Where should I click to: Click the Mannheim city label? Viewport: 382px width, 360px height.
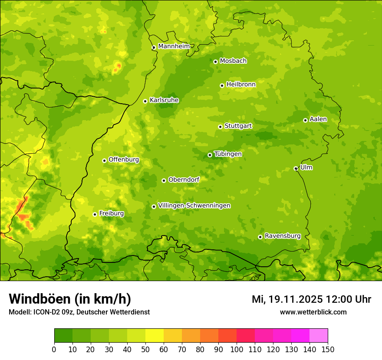pyautogui.click(x=174, y=46)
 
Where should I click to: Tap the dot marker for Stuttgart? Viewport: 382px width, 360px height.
pyautogui.click(x=220, y=127)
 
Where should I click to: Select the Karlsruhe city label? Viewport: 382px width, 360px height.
pyautogui.click(x=164, y=100)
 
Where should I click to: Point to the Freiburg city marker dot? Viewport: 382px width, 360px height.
pyautogui.click(x=95, y=214)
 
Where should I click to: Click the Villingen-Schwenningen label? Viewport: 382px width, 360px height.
pyautogui.click(x=194, y=206)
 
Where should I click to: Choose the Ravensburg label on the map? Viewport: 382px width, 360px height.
pyautogui.click(x=282, y=236)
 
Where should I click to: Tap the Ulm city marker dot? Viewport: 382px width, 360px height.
pyautogui.click(x=296, y=168)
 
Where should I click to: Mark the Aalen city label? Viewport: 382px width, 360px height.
pyautogui.click(x=318, y=119)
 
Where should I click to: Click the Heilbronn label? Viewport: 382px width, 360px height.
pyautogui.click(x=241, y=85)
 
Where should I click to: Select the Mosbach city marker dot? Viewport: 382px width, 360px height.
pyautogui.click(x=215, y=62)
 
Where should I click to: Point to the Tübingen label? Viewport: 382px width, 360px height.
pyautogui.click(x=227, y=154)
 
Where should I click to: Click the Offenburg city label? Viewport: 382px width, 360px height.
pyautogui.click(x=123, y=160)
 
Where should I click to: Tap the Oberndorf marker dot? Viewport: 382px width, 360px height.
pyautogui.click(x=164, y=180)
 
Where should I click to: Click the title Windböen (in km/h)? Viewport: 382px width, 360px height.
pyautogui.click(x=69, y=299)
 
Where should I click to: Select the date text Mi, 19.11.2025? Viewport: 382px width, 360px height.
pyautogui.click(x=286, y=299)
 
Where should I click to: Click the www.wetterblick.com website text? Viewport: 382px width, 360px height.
pyautogui.click(x=313, y=312)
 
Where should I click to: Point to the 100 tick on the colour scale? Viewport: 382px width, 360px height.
pyautogui.click(x=237, y=349)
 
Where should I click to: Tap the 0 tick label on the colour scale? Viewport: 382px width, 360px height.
pyautogui.click(x=54, y=349)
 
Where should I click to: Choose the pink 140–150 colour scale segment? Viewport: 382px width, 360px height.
pyautogui.click(x=318, y=336)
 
